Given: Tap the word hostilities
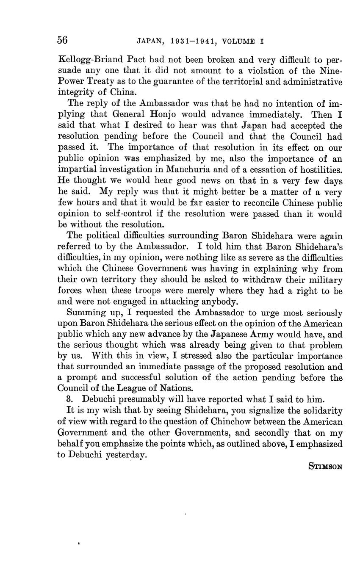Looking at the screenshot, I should tap(318, 170).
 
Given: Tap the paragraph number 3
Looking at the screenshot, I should tap(69, 399).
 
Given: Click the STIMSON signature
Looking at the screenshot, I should tap(325, 467).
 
